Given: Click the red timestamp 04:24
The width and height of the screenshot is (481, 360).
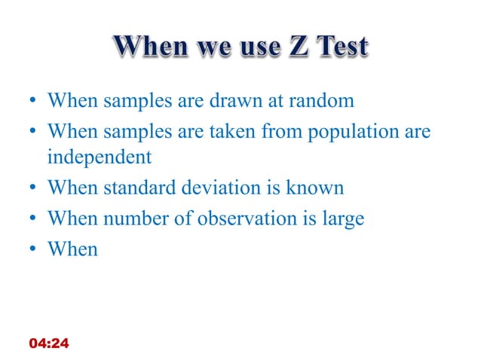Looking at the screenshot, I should coord(48,343).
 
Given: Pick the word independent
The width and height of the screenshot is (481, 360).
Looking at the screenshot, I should coord(99,157).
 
